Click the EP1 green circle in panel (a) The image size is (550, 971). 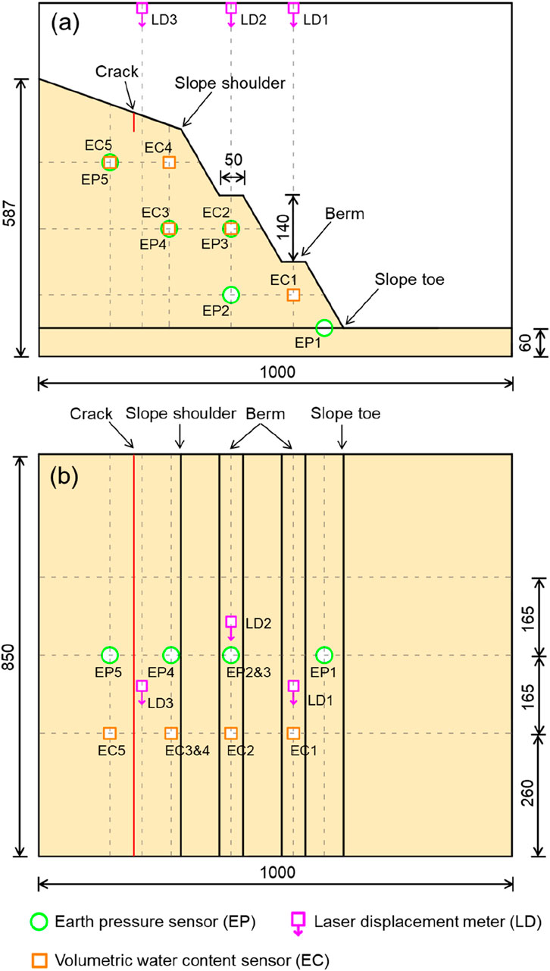pyautogui.click(x=324, y=327)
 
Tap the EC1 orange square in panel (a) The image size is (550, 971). pyautogui.click(x=293, y=294)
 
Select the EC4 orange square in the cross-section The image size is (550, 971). pyautogui.click(x=169, y=162)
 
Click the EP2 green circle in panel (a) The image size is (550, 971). pyautogui.click(x=231, y=294)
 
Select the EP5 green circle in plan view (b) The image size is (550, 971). pyautogui.click(x=110, y=654)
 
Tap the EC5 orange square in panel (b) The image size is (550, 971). pyautogui.click(x=110, y=733)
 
